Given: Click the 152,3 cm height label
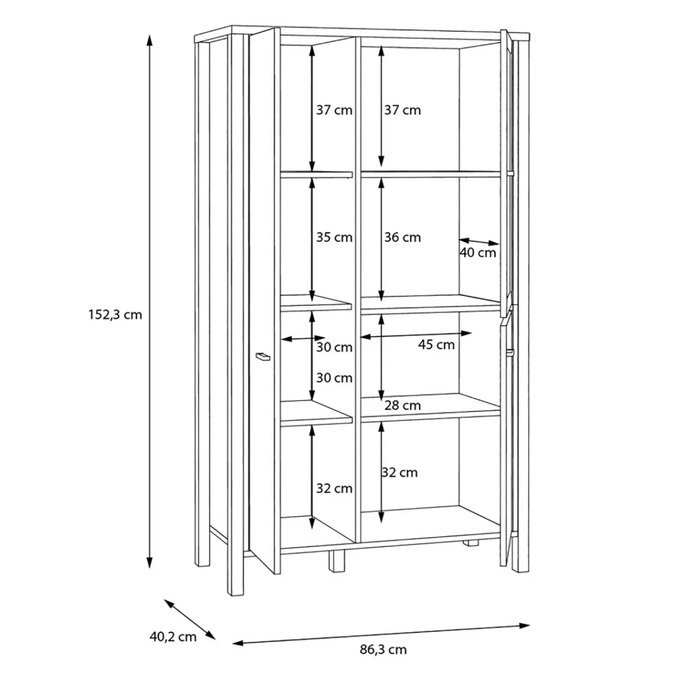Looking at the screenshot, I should (115, 315).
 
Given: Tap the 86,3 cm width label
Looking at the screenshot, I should (383, 649).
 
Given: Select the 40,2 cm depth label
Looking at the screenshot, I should (173, 637).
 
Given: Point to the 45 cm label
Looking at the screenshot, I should (436, 345).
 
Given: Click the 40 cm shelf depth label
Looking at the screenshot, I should (478, 253).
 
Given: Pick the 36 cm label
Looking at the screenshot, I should (402, 237).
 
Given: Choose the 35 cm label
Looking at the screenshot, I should (334, 237).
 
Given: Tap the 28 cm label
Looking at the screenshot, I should (402, 405).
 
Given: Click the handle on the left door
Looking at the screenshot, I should (262, 357).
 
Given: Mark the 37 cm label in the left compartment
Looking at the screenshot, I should (334, 111).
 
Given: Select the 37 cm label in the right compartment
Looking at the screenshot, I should (402, 111).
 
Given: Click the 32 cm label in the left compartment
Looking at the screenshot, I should (334, 489).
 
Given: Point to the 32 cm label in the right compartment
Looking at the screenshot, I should (400, 472).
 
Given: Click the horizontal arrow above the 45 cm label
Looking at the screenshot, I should (416, 334).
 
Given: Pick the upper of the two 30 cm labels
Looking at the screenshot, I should (334, 348).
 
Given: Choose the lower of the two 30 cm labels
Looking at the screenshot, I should (334, 378).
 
